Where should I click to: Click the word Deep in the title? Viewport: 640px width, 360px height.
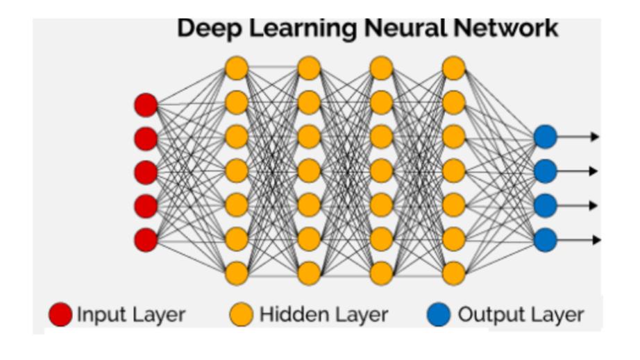pos(208,28)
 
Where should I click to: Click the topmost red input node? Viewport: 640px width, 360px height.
pos(146,105)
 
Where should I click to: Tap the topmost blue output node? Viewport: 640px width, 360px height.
pos(545,137)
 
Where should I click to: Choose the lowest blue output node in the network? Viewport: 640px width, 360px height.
pos(545,239)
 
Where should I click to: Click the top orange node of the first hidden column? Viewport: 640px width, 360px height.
pos(237,69)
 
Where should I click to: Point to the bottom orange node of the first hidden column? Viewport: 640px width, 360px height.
pos(237,273)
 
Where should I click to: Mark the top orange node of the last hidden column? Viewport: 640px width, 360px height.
pos(453,69)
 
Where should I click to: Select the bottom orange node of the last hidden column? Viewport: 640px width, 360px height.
pos(453,273)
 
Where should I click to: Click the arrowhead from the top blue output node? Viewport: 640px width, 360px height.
pos(594,137)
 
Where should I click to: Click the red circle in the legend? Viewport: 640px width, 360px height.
pos(60,316)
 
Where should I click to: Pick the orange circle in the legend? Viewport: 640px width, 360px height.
pos(241,316)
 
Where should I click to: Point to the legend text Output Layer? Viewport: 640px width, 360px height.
pos(520,316)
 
